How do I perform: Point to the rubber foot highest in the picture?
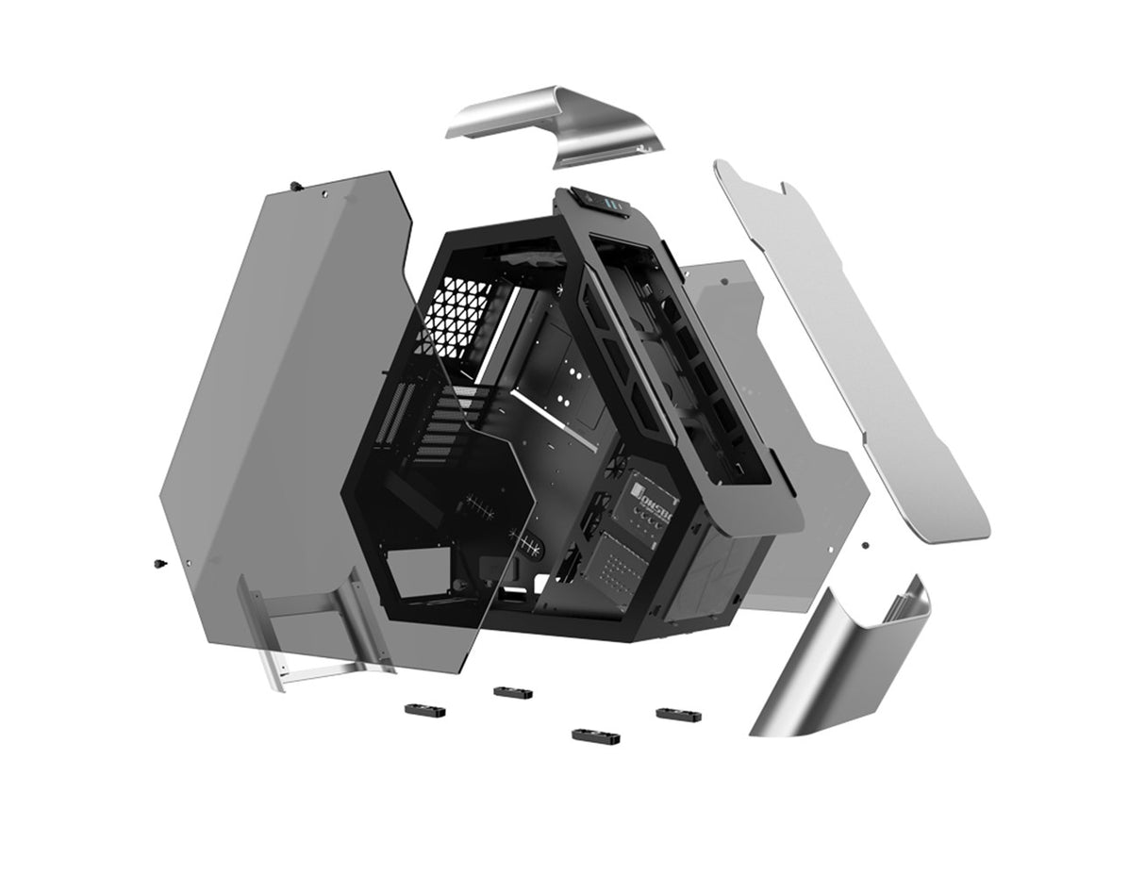point(512,692)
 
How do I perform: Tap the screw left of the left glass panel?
point(157,564)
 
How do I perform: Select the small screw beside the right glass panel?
point(864,544)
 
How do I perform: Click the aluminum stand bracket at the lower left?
point(311,632)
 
